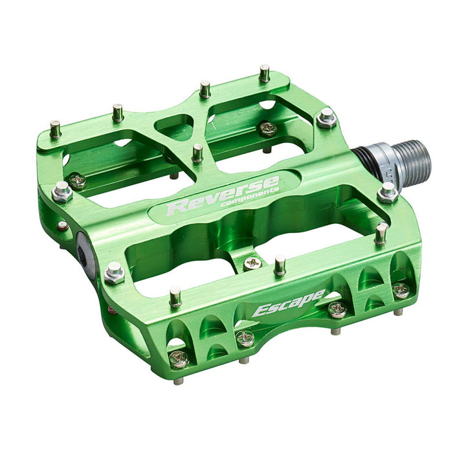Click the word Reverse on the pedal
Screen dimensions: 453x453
pos(220,196)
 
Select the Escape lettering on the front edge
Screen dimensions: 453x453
pos(287,302)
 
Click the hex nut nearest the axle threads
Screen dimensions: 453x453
pos(388,192)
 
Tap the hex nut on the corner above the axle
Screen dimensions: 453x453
pos(327,118)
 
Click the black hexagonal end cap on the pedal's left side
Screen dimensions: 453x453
pos(85,247)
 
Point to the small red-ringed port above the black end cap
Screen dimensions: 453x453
pos(62,226)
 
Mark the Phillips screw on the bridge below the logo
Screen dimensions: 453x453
pos(252,263)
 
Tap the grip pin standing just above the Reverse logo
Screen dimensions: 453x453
pos(197,153)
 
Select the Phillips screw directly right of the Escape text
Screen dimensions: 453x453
pos(337,309)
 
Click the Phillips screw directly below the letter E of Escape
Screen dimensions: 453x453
pos(245,337)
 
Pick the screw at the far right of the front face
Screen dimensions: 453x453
pos(401,289)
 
